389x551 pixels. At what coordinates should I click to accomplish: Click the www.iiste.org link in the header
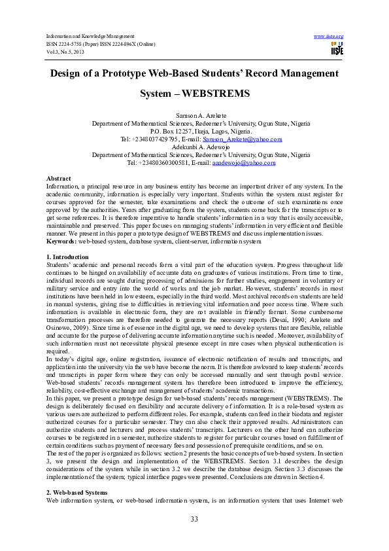329,35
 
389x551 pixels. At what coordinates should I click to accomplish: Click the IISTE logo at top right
337,48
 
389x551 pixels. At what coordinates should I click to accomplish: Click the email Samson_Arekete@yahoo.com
242,139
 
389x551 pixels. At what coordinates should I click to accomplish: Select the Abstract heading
59,179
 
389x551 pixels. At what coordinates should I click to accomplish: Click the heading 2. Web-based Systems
76,491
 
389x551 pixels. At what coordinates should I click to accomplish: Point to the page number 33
194,519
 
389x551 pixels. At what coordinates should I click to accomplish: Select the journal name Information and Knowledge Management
90,35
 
